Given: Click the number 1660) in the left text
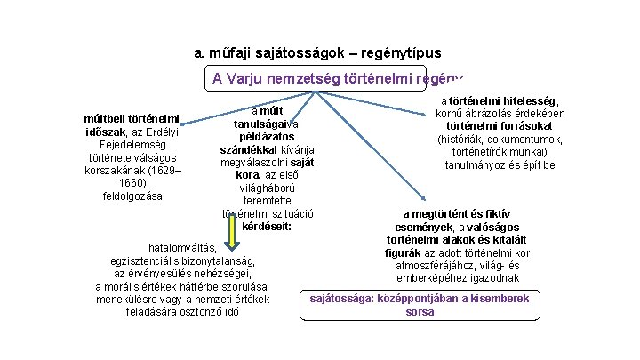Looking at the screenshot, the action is click(132, 182).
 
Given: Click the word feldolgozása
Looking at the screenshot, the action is click(132, 196).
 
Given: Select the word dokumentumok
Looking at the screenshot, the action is click(526, 140).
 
